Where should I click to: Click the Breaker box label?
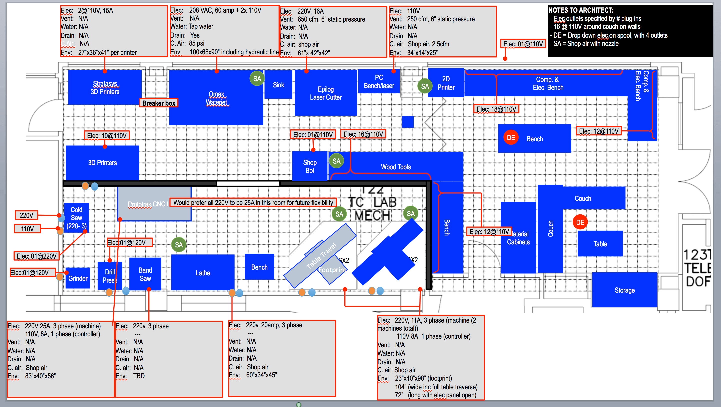pyautogui.click(x=159, y=103)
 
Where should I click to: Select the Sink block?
pyautogui.click(x=278, y=85)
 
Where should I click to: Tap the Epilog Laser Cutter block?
pyautogui.click(x=325, y=93)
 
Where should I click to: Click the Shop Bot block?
pyautogui.click(x=310, y=166)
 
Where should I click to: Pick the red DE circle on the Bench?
pyautogui.click(x=511, y=138)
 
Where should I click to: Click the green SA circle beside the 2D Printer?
pyautogui.click(x=425, y=86)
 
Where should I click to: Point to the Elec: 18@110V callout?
pyautogui.click(x=496, y=109)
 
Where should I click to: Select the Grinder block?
pyautogui.click(x=78, y=278)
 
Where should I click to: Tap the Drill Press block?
pyautogui.click(x=110, y=276)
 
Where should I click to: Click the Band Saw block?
pyautogui.click(x=145, y=274)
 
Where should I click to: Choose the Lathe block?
pyautogui.click(x=203, y=273)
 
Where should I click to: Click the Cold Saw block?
pyautogui.click(x=76, y=218)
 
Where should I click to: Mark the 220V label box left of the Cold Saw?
pyautogui.click(x=26, y=215)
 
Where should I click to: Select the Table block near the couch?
pyautogui.click(x=600, y=244)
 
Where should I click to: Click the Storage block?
pyautogui.click(x=624, y=290)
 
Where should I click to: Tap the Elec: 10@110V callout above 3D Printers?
pyautogui.click(x=107, y=136)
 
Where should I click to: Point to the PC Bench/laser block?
pyautogui.click(x=379, y=82)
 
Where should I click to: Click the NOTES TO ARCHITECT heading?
pyautogui.click(x=580, y=10)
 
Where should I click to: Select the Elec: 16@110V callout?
pyautogui.click(x=363, y=134)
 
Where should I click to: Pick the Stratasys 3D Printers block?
pyautogui.click(x=105, y=87)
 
